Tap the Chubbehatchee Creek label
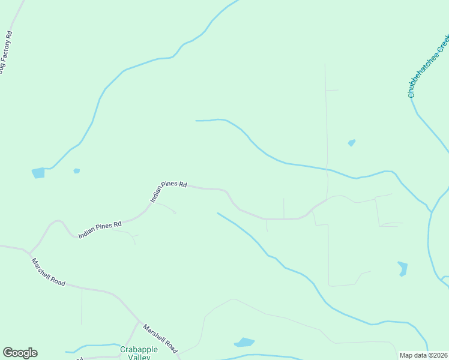tap(428, 66)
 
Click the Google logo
tap(20, 353)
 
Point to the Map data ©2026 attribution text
tap(423, 355)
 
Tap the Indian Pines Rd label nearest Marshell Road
tap(100, 229)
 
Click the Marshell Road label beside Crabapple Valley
tap(160, 338)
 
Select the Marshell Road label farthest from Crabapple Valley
tap(49, 272)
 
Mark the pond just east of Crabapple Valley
tap(244, 343)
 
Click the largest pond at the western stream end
tap(38, 173)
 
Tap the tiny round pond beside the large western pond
tap(76, 171)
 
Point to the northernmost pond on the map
tap(352, 143)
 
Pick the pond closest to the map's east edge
tap(402, 268)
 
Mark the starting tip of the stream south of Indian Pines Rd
tap(217, 213)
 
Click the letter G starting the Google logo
tap(8, 353)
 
